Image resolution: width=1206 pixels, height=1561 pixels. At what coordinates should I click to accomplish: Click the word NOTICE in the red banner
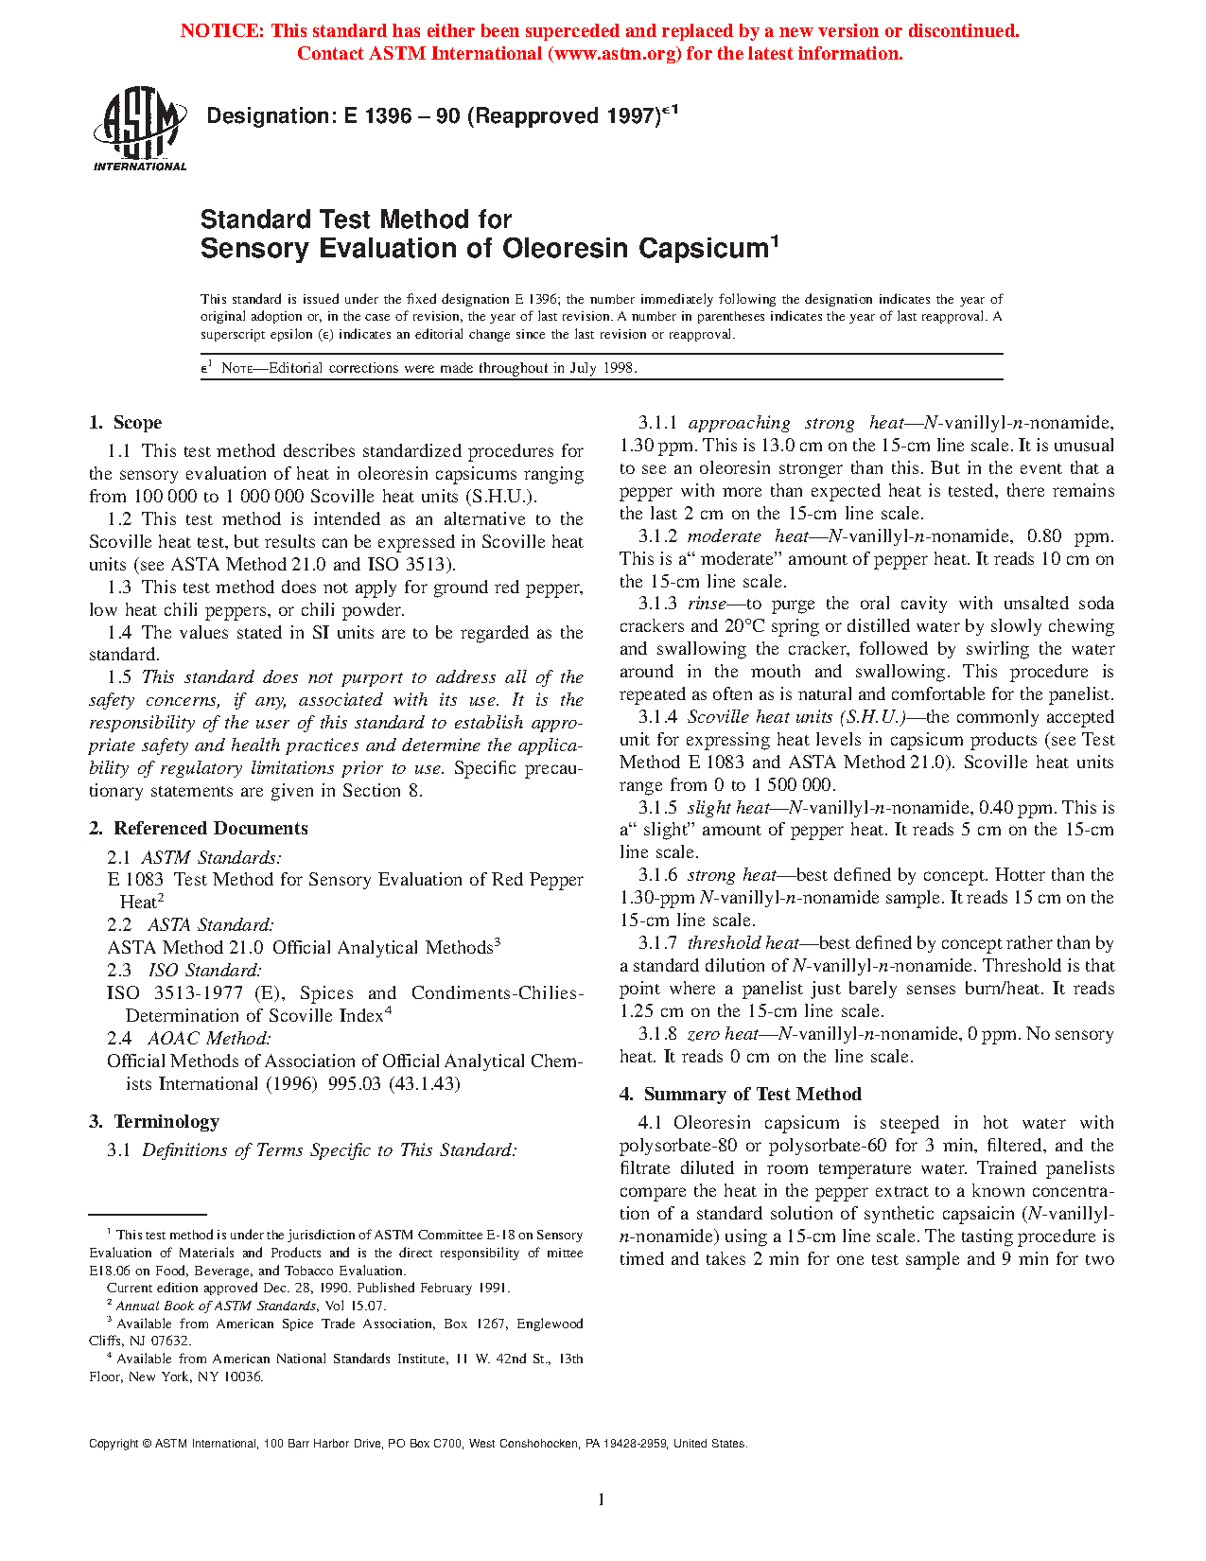[221, 31]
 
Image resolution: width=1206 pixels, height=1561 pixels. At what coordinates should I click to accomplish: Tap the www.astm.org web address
[614, 54]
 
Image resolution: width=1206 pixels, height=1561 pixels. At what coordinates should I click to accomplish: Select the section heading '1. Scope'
[126, 423]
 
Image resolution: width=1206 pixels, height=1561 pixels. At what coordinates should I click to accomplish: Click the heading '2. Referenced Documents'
[199, 829]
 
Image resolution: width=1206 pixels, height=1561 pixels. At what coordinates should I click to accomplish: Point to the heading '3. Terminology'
[154, 1122]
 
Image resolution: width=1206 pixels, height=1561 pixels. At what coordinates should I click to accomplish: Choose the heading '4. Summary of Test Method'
[741, 1095]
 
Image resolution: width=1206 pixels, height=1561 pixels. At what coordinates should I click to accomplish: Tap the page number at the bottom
[602, 1500]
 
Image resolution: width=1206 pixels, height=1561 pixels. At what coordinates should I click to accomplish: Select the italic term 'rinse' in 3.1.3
[707, 604]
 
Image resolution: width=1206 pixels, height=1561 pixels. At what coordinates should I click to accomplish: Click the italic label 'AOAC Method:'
[209, 1039]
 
